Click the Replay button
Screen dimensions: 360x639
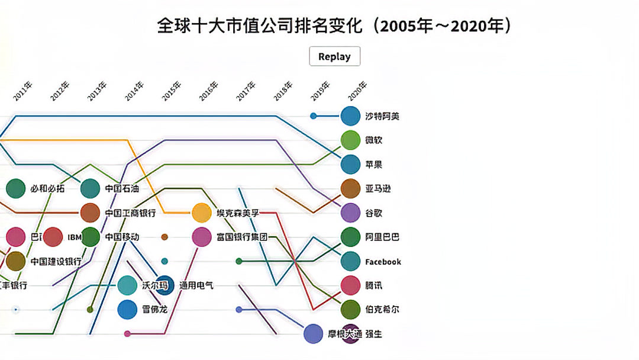(x=334, y=56)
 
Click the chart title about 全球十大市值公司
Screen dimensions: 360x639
(x=334, y=25)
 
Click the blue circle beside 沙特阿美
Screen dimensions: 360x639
(x=350, y=116)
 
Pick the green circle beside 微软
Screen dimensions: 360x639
(x=350, y=140)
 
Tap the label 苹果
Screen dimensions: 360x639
(x=373, y=165)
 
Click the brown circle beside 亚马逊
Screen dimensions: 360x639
(x=350, y=188)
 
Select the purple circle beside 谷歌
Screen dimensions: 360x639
(x=350, y=213)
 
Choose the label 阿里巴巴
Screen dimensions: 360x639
(x=382, y=237)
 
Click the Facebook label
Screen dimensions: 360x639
(x=383, y=262)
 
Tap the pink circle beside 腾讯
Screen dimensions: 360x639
(x=350, y=285)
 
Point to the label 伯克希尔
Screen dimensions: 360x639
(x=382, y=310)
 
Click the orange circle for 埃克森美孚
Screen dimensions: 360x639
(x=201, y=213)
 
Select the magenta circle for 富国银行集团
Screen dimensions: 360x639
(x=201, y=237)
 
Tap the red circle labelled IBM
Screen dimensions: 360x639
(x=53, y=237)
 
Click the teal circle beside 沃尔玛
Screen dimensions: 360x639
(x=127, y=285)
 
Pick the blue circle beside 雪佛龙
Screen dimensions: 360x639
(x=127, y=310)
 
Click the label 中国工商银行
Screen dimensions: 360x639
(x=130, y=213)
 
